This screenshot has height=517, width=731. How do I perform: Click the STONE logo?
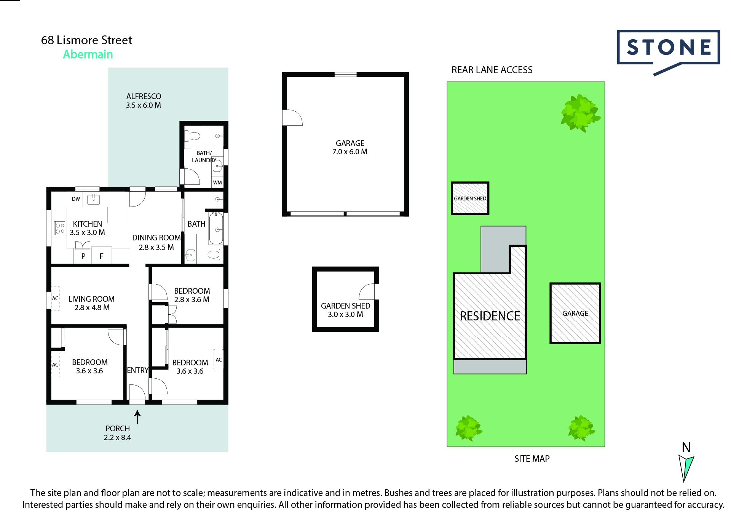tap(668, 48)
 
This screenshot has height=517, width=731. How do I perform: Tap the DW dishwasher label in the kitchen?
tap(76, 199)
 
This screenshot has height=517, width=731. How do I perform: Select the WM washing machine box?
tap(217, 182)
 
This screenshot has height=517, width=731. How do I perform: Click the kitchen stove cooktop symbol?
tap(60, 228)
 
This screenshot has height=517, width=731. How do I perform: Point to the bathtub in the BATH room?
tap(216, 229)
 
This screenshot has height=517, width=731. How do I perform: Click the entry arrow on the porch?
tap(137, 416)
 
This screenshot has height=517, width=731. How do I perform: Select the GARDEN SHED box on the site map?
tap(470, 198)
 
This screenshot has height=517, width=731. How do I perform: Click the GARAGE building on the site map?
tap(575, 313)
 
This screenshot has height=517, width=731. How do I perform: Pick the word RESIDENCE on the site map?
tap(490, 316)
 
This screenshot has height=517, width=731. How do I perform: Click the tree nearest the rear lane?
tap(580, 113)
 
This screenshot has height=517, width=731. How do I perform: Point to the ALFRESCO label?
tap(144, 96)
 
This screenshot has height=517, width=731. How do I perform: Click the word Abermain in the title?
tap(88, 54)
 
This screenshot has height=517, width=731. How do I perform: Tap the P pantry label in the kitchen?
tap(83, 256)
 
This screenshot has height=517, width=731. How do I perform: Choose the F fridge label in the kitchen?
tap(101, 256)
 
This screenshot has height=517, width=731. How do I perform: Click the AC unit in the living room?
tap(55, 298)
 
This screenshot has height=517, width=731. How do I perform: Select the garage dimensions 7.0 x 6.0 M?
tap(350, 152)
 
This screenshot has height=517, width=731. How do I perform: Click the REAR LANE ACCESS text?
tap(492, 70)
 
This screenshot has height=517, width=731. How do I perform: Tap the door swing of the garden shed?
tap(367, 292)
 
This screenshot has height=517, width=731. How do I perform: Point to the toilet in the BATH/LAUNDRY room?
tap(193, 136)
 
